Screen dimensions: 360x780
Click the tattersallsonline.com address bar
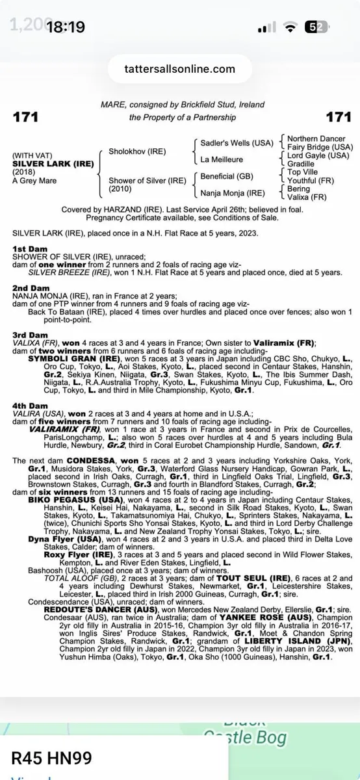tap(180, 68)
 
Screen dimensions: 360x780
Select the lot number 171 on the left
tap(25, 117)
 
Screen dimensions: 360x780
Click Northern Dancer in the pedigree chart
tap(316, 139)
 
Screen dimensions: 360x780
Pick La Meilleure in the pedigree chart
tap(223, 159)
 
